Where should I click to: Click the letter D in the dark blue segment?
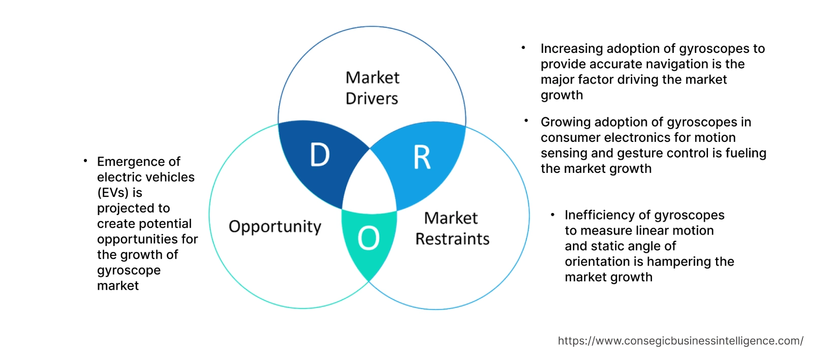(320, 155)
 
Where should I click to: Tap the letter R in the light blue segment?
(422, 157)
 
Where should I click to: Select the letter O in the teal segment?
(368, 238)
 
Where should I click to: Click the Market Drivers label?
(372, 88)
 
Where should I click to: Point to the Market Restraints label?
(452, 228)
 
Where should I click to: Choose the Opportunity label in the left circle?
(275, 226)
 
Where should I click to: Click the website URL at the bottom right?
(681, 341)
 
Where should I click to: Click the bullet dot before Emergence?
(85, 161)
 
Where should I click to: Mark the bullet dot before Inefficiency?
(553, 215)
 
